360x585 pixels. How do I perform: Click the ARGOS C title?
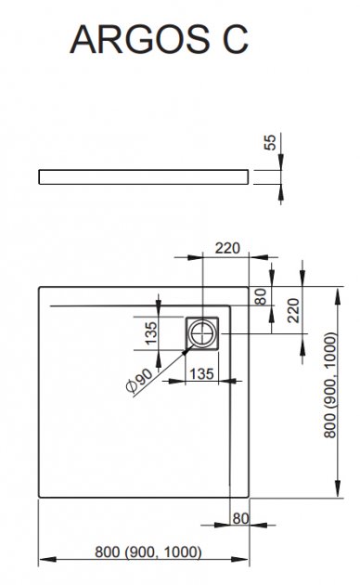(x=160, y=39)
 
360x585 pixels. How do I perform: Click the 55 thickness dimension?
(x=271, y=142)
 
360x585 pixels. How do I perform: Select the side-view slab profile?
(x=144, y=176)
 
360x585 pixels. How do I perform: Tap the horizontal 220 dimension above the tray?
(x=227, y=248)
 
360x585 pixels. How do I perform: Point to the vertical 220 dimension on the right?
(x=294, y=310)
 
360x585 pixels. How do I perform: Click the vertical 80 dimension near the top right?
(x=262, y=296)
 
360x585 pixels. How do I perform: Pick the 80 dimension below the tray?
(x=240, y=518)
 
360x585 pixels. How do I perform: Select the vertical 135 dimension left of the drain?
(x=151, y=333)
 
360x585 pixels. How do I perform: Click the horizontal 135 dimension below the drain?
(x=201, y=373)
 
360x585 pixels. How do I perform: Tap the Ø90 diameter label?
(x=139, y=381)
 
